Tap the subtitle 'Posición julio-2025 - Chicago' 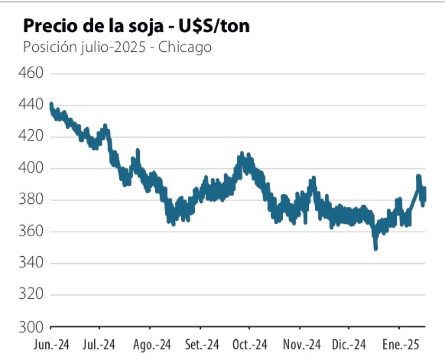pos(117,47)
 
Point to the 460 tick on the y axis pos(31,73)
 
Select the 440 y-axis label pos(31,105)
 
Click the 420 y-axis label pos(31,137)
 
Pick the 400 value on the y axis pos(31,168)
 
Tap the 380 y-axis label pos(31,200)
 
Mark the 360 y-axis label pos(31,232)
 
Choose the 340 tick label pos(31,264)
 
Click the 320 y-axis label pos(31,295)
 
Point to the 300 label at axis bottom pos(31,327)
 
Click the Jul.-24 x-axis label pos(99,345)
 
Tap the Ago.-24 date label pos(152,345)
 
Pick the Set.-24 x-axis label pos(202,345)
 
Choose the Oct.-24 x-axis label pos(250,345)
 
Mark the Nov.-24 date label pos(302,345)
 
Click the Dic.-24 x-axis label pos(350,345)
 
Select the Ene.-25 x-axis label pos(400,345)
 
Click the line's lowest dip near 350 pos(376,247)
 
